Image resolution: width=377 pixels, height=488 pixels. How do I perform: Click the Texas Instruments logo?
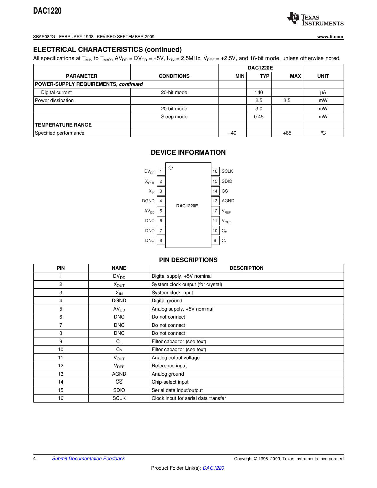[315, 19]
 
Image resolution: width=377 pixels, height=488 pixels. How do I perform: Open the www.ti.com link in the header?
[330, 37]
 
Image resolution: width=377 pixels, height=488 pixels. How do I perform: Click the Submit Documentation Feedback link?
[88, 458]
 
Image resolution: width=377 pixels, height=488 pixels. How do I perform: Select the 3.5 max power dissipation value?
[287, 101]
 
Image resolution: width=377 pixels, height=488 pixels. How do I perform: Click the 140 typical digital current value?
[259, 93]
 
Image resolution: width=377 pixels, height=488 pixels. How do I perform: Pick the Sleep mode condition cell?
[174, 117]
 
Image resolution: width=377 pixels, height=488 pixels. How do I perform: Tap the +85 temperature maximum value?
[287, 133]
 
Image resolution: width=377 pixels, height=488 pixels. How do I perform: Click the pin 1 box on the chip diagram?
[161, 171]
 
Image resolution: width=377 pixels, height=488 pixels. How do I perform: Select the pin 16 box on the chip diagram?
[215, 171]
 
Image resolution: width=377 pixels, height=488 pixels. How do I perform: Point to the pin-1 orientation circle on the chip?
[171, 168]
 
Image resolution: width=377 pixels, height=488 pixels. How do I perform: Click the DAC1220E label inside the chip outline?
[187, 206]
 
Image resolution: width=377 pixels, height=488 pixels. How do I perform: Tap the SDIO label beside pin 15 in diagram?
[227, 181]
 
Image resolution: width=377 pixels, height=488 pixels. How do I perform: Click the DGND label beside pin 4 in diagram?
[148, 201]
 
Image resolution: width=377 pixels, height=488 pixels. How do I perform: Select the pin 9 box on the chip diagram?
[215, 240]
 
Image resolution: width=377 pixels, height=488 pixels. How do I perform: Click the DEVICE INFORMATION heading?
[188, 152]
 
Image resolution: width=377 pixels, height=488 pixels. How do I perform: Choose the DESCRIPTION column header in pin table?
[246, 268]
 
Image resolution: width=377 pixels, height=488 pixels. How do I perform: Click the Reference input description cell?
[169, 366]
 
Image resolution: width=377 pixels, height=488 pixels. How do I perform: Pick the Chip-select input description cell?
[170, 382]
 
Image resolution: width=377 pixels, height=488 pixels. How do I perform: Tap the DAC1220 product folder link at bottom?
[213, 468]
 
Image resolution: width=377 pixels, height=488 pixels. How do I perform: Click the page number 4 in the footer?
[35, 458]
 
